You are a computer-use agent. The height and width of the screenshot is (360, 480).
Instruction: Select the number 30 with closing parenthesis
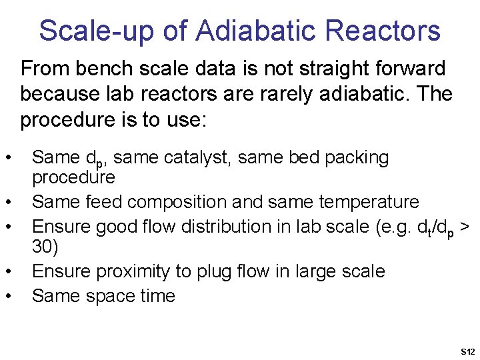[45, 247]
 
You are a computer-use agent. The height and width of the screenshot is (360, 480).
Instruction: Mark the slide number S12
[467, 351]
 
